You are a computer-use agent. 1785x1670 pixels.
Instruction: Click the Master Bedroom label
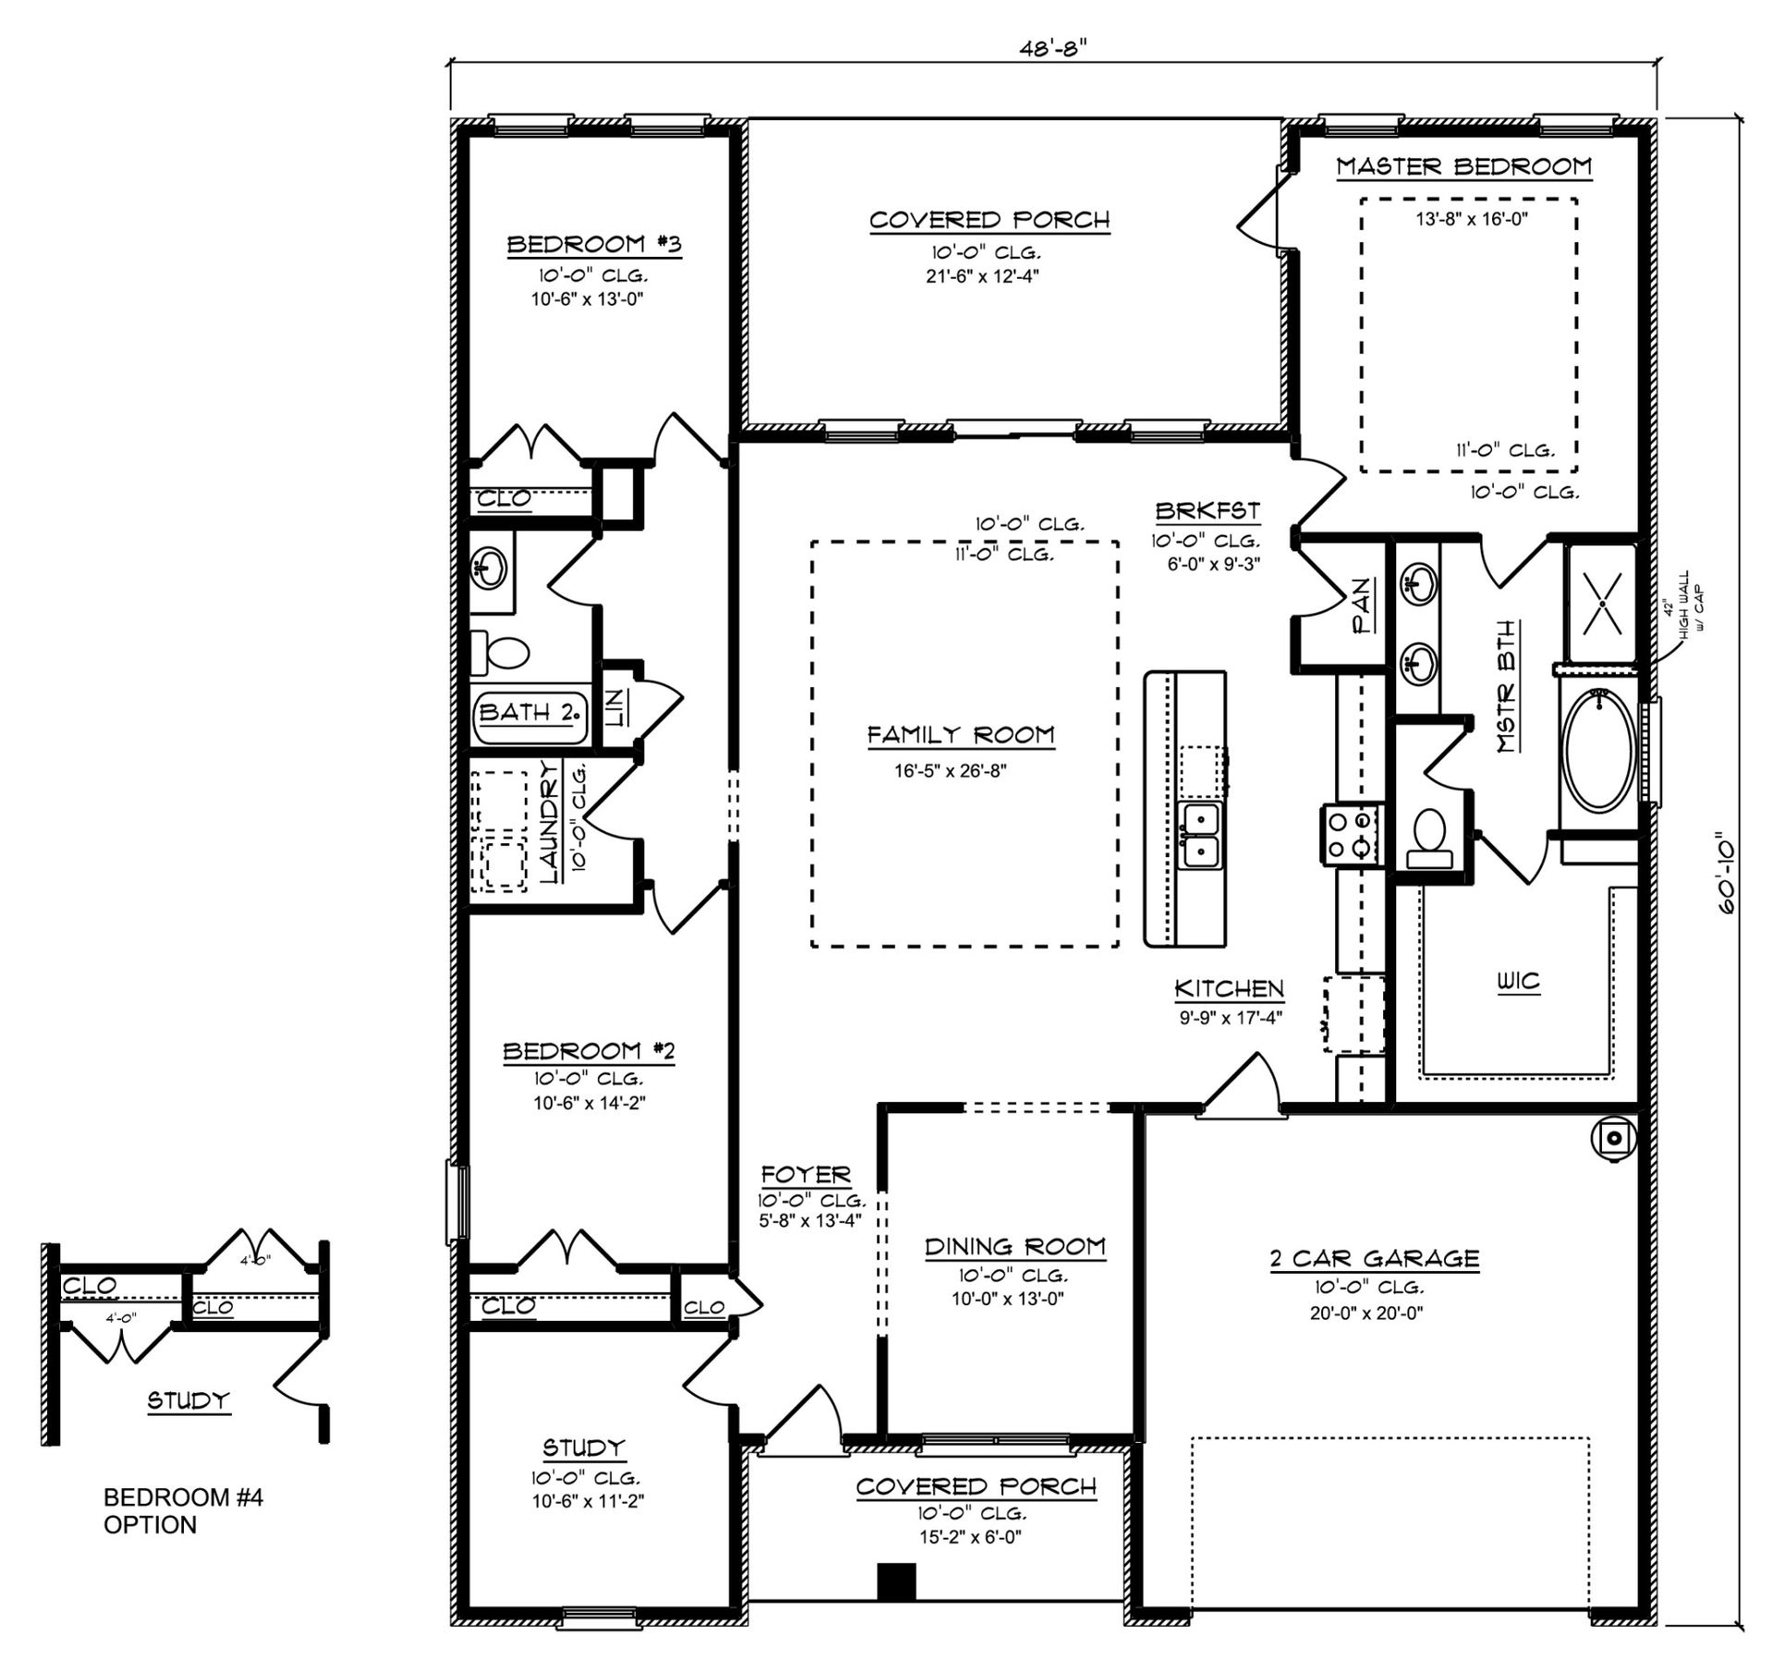coord(1464,166)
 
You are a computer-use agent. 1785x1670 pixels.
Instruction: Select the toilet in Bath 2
coord(500,653)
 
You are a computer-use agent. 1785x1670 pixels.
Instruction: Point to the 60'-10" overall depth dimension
coord(1726,877)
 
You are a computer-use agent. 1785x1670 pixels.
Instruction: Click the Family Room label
coord(961,735)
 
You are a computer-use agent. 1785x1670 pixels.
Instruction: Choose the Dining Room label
coord(1015,1247)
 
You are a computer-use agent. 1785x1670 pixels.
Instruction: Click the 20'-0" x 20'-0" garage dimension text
coord(1366,1313)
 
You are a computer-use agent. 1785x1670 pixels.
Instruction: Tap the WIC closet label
coord(1519,981)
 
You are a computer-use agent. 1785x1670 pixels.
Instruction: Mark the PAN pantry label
coord(1362,605)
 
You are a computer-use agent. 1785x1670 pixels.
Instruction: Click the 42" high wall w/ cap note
coord(1684,601)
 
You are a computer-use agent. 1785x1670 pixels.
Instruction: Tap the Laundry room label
coord(549,821)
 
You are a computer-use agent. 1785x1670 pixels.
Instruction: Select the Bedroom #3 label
coord(594,245)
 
